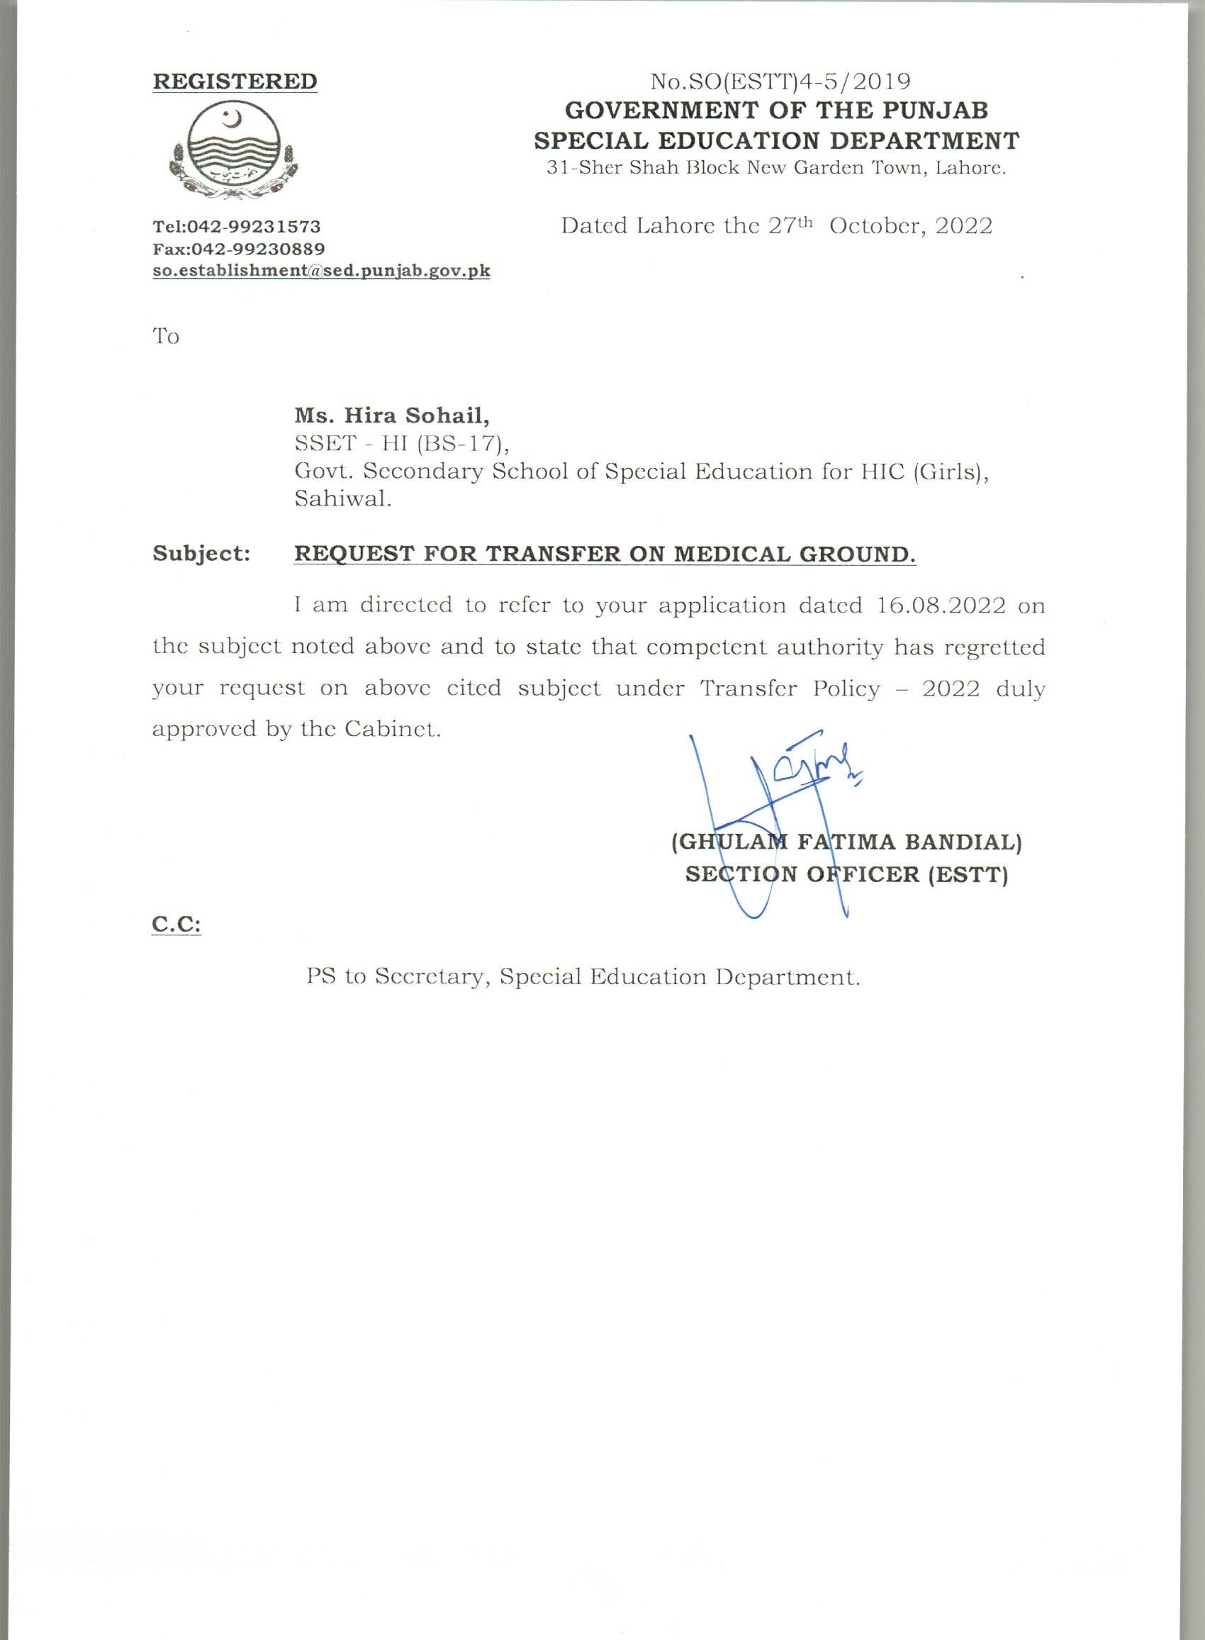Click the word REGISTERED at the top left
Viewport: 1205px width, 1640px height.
point(234,81)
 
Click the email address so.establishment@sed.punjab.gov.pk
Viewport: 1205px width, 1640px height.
point(321,272)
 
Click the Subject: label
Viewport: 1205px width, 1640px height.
point(202,554)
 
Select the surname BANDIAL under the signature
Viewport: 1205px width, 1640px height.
point(962,842)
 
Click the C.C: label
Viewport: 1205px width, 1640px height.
point(176,925)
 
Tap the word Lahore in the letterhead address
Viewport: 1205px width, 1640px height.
point(970,169)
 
